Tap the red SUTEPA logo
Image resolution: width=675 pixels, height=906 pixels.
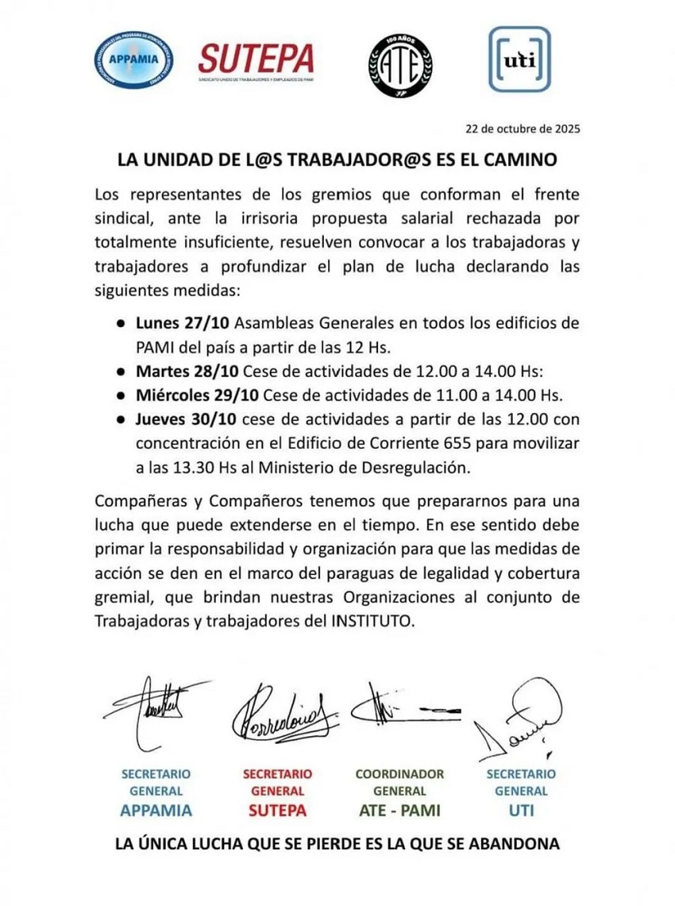point(256,60)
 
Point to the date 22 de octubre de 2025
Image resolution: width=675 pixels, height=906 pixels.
point(523,128)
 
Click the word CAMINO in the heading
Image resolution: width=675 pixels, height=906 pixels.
point(520,159)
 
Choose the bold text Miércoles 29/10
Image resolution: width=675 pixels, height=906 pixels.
point(197,395)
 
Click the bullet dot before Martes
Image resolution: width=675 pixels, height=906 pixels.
point(118,372)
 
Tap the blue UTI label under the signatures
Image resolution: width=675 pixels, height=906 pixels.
point(520,811)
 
